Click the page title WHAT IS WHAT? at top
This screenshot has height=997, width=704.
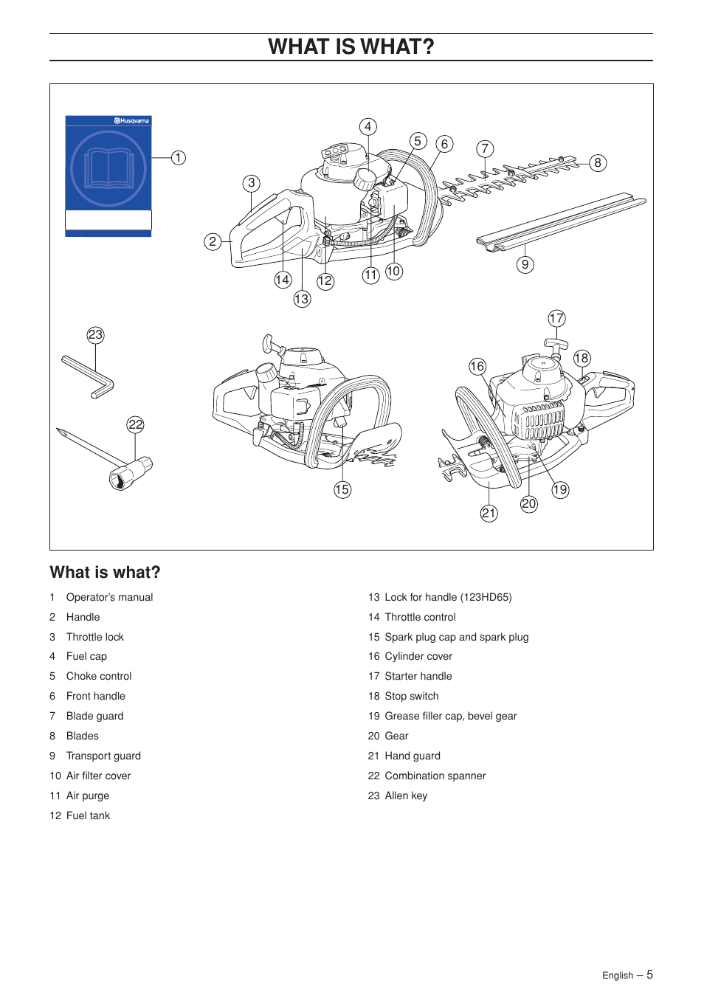(351, 46)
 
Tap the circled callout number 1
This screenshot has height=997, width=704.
(179, 158)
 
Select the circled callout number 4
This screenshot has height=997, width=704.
(367, 126)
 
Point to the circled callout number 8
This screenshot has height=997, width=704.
(598, 163)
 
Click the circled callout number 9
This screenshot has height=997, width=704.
(525, 265)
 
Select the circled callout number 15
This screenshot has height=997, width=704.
(342, 489)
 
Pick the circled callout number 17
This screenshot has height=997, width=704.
(556, 318)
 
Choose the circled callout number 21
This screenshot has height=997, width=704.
(489, 514)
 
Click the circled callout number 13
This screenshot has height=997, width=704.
(302, 299)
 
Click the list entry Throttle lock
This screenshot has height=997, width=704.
(94, 637)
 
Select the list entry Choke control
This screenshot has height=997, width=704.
(99, 676)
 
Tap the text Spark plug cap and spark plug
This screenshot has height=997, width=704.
(456, 637)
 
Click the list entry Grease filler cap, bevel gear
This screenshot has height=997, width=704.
(450, 716)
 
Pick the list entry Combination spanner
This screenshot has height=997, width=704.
(435, 776)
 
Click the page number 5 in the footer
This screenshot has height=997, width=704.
(649, 975)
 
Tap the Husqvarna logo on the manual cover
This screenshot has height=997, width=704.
(132, 121)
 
